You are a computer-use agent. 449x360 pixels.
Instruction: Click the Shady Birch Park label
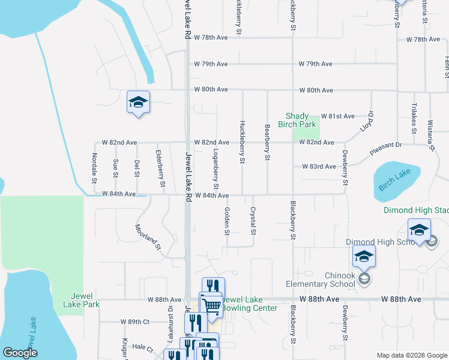tap(301, 120)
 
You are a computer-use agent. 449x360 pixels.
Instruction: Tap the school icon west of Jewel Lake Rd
tap(138, 102)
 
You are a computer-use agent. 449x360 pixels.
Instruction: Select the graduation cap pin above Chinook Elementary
tap(364, 257)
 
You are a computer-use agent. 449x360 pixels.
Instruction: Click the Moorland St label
tap(148, 236)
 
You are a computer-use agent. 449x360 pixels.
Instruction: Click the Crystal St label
tap(253, 221)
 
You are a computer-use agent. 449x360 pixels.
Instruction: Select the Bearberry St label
tap(267, 142)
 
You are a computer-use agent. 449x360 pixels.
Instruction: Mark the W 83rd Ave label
tap(319, 166)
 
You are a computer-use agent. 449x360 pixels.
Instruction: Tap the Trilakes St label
tap(414, 118)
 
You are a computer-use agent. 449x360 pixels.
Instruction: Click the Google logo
tap(20, 353)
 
